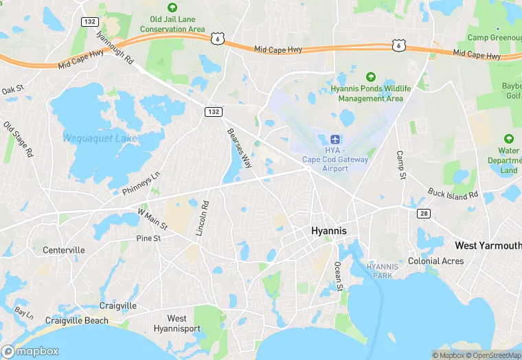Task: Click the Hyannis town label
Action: (x=329, y=231)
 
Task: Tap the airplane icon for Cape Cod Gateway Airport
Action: (x=335, y=139)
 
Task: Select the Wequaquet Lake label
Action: (x=100, y=139)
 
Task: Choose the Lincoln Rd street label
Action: (x=203, y=218)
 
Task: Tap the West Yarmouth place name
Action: (x=488, y=245)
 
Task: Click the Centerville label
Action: (x=64, y=250)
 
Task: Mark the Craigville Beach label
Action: (x=76, y=320)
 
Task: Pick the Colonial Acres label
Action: (x=435, y=261)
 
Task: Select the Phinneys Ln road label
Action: (x=141, y=182)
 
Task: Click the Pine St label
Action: (x=148, y=238)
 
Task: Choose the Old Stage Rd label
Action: (x=19, y=140)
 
